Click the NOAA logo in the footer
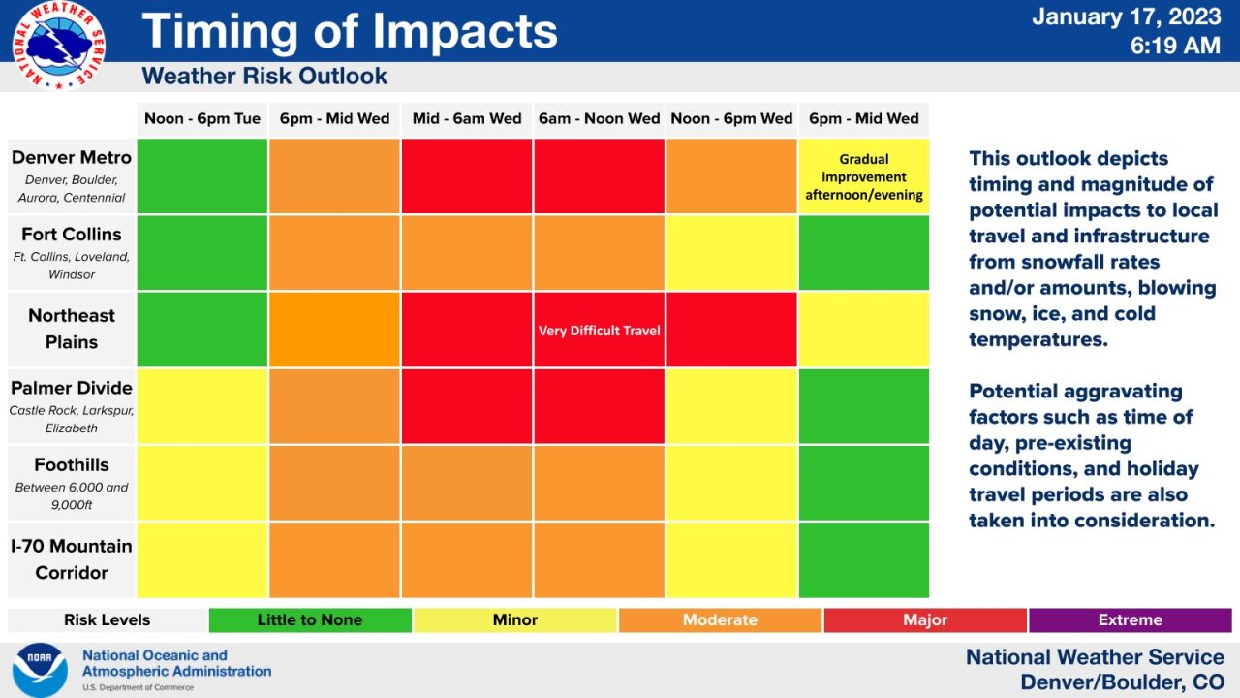click(x=40, y=670)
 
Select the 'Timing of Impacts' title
click(x=350, y=31)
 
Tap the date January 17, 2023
click(x=1126, y=16)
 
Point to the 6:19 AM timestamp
click(x=1174, y=45)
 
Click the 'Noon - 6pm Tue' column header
click(x=202, y=119)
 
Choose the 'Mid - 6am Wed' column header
click(x=467, y=119)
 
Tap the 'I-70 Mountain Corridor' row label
click(x=72, y=559)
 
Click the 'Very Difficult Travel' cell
click(x=599, y=331)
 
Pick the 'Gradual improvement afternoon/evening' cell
click(x=863, y=176)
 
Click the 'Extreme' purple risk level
click(x=1130, y=620)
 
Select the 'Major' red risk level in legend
click(x=924, y=620)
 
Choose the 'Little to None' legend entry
click(x=310, y=620)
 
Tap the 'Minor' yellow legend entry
click(x=514, y=620)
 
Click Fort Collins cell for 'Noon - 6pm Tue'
click(x=202, y=253)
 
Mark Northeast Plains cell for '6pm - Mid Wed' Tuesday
click(x=334, y=330)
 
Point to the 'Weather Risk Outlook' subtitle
click(x=264, y=77)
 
